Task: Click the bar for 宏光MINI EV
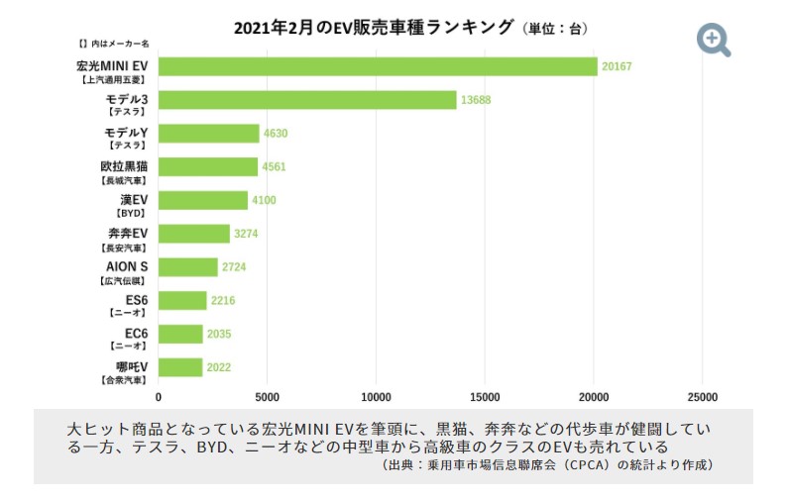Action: click(377, 66)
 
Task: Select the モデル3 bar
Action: click(307, 100)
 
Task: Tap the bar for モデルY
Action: click(208, 134)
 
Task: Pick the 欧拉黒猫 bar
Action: click(207, 166)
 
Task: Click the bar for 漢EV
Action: click(202, 200)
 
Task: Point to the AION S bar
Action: click(187, 267)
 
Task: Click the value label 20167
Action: click(617, 67)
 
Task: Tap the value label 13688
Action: click(476, 100)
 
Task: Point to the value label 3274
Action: click(246, 234)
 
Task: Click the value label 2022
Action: click(218, 368)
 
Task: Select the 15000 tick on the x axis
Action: click(485, 396)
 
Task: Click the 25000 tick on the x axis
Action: click(702, 396)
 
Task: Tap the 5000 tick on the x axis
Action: click(267, 396)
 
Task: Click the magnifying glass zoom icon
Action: click(714, 39)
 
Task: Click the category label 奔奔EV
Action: click(127, 233)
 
